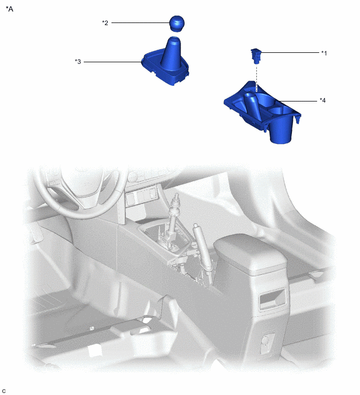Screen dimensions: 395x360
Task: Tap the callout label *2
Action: pos(105,22)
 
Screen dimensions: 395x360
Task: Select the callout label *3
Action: pos(78,62)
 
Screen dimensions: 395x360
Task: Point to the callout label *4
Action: pos(323,100)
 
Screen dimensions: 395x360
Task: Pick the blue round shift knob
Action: pos(177,24)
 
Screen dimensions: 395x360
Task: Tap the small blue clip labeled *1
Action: pos(256,53)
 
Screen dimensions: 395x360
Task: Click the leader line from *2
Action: pos(139,22)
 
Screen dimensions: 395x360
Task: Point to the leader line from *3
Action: pos(113,62)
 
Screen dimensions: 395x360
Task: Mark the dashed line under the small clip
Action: pos(257,73)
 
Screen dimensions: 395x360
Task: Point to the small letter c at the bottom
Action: pos(4,391)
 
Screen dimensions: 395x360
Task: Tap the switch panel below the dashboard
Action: pos(142,198)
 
